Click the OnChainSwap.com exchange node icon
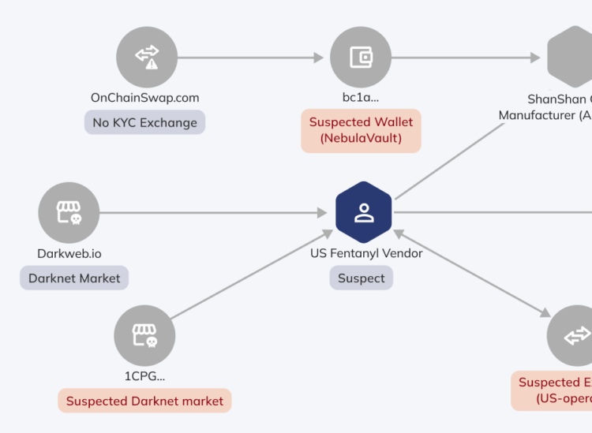[147, 57]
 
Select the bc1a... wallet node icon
[361, 57]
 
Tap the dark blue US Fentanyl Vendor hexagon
[363, 213]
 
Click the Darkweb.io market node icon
[69, 213]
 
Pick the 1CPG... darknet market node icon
[144, 336]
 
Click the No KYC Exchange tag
[144, 122]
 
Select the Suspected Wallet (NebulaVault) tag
[361, 130]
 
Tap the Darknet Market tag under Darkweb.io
[74, 278]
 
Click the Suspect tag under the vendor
[361, 278]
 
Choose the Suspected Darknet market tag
[144, 401]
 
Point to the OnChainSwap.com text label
[144, 98]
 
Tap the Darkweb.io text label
[69, 254]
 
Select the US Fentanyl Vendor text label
[366, 254]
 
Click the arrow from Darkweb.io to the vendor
[213, 213]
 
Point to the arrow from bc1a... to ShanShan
[466, 57]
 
